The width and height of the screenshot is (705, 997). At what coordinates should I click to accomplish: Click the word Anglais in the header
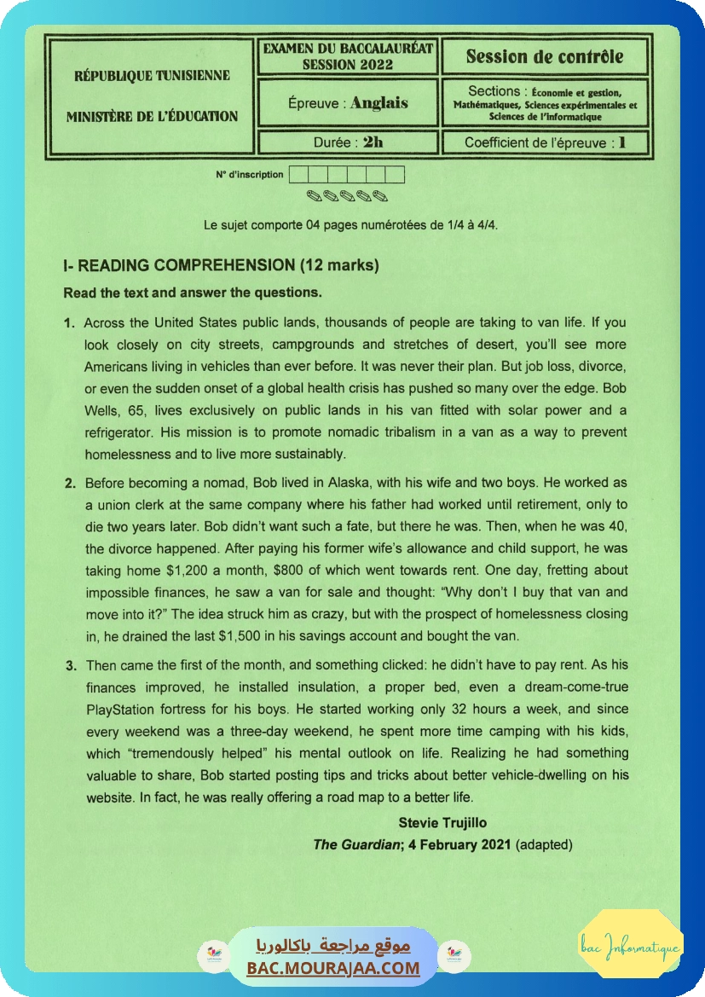pos(379,103)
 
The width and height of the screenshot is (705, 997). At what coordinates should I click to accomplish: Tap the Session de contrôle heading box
pos(545,57)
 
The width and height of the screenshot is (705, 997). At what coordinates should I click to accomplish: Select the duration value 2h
pos(373,142)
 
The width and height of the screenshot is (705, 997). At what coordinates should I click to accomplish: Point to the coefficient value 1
pos(622,142)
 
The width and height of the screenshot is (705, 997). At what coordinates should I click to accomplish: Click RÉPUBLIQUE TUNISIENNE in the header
pos(152,75)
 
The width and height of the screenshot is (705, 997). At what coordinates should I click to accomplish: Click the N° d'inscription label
pos(250,175)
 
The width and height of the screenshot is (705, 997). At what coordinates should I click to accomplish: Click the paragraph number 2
pos(70,483)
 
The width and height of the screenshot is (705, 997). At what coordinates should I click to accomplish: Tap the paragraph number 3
pos(70,665)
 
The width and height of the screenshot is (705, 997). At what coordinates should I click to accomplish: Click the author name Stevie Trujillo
pos(442,823)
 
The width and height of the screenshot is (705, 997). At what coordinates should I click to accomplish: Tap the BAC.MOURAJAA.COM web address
pos(333,967)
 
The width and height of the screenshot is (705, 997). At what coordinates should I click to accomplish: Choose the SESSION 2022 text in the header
pos(348,64)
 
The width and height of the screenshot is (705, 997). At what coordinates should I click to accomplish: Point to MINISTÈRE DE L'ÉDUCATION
pos(152,116)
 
